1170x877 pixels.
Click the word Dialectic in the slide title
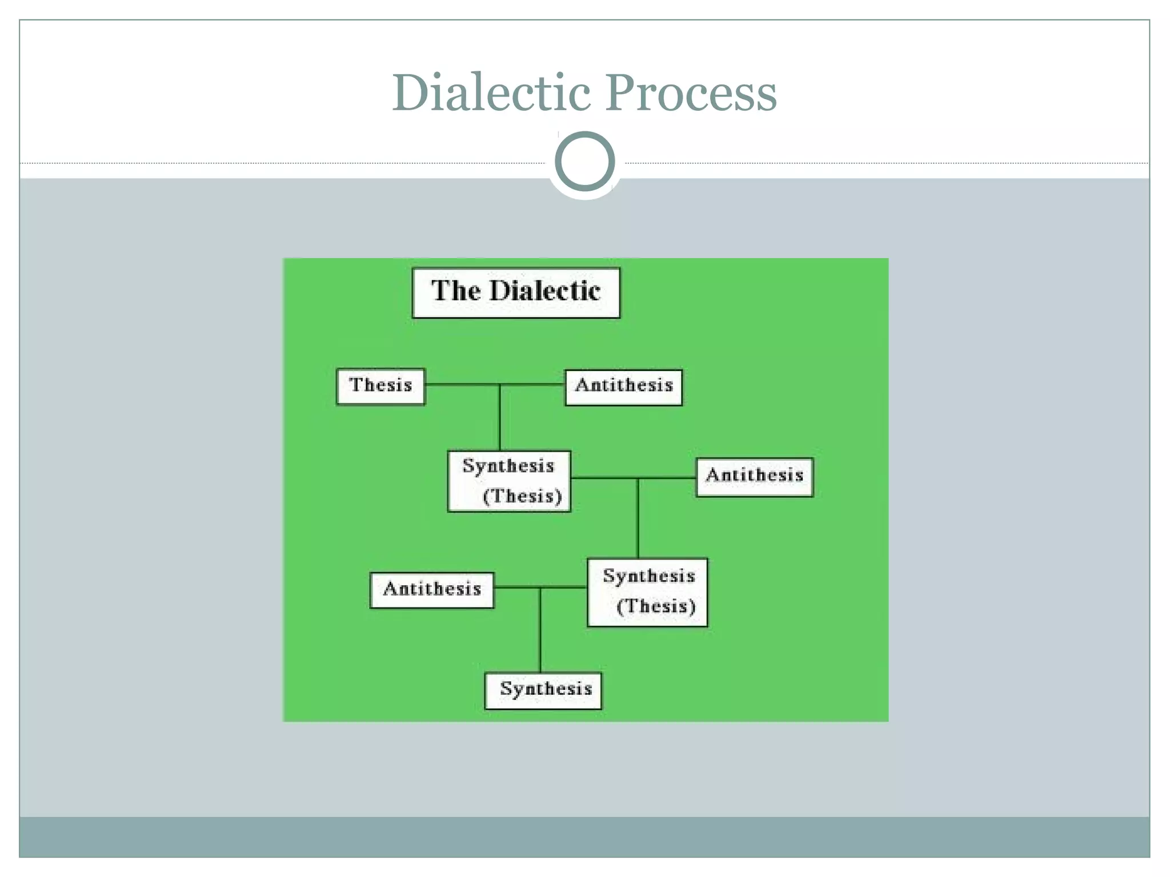click(491, 92)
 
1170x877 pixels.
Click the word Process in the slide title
click(691, 92)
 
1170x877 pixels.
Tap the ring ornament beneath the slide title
click(584, 162)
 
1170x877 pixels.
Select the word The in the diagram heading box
click(455, 291)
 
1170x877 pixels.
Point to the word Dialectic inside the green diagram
click(545, 291)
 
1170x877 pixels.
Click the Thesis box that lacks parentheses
click(380, 386)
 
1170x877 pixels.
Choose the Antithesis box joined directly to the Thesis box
click(623, 387)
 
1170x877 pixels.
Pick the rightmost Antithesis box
click(754, 476)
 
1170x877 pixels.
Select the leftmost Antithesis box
click(432, 589)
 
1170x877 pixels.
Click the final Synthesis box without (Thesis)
click(543, 690)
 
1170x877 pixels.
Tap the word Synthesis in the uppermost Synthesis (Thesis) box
click(508, 466)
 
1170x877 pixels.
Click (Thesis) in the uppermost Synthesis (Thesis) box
click(522, 496)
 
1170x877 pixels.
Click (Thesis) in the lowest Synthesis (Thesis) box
click(656, 606)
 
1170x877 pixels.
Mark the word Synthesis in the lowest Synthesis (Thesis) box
click(648, 576)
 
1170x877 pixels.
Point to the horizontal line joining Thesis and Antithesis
click(463, 384)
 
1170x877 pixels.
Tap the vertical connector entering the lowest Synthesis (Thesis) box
click(638, 520)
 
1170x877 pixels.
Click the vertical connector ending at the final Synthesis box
click(540, 634)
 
